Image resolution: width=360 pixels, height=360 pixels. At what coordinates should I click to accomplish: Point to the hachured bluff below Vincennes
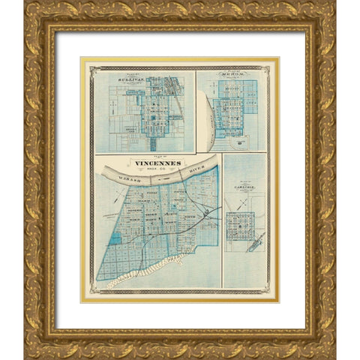tap(146, 272)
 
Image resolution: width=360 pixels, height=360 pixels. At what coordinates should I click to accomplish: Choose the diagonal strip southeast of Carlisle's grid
tap(256, 241)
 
